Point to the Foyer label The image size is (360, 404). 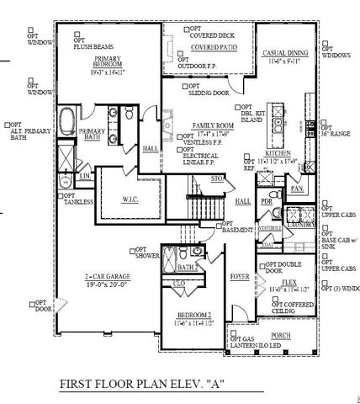coord(239,275)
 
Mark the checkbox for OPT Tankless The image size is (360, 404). coord(59,196)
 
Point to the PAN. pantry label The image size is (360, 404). coord(296,189)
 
